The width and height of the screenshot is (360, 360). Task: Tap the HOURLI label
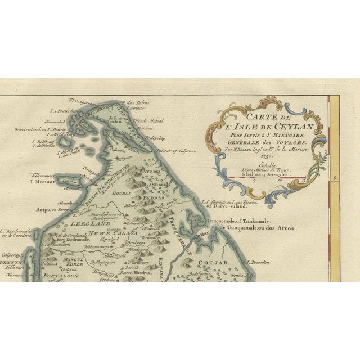click(x=122, y=193)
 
